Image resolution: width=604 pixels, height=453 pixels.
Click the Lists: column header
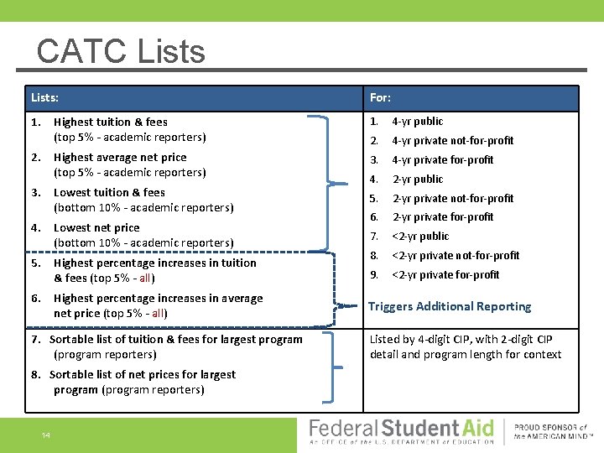(x=44, y=98)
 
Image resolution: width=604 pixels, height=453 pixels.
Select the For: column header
(x=380, y=98)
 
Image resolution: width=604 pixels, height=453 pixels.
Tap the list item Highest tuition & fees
(x=110, y=122)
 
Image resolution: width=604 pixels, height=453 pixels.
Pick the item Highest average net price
(x=120, y=158)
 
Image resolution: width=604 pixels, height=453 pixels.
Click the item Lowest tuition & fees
(x=109, y=193)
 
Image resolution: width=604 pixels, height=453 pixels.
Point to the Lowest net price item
(x=96, y=228)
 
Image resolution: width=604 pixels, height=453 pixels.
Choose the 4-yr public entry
(x=417, y=122)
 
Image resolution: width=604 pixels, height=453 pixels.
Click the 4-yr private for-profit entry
(x=442, y=160)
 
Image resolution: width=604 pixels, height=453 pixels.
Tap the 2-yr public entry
(x=417, y=180)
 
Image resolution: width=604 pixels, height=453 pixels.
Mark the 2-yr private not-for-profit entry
(x=453, y=199)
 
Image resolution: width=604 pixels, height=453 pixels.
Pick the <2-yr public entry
(x=420, y=237)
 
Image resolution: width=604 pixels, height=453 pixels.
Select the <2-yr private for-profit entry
(x=445, y=275)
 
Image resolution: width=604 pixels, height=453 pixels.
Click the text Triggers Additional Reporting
(x=450, y=307)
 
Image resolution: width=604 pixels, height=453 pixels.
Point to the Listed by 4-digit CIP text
(x=466, y=346)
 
